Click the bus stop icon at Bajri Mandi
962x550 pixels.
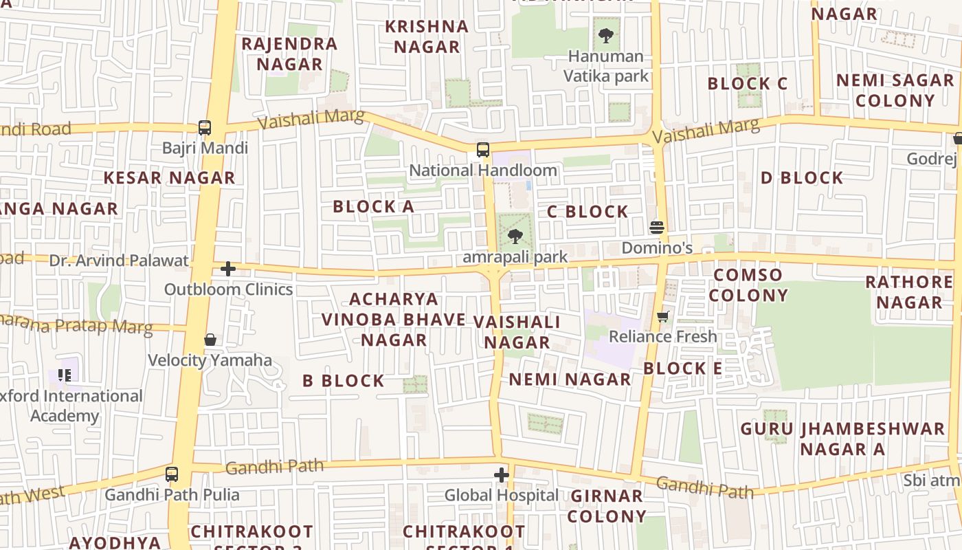205,127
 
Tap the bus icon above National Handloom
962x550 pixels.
483,149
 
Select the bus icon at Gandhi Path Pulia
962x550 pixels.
172,474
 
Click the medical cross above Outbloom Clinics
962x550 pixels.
228,269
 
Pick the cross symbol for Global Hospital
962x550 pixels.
502,475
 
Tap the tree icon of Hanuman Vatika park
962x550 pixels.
605,35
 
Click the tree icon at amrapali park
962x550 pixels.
515,237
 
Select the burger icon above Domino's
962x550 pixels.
657,228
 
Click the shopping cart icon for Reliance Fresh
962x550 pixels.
663,316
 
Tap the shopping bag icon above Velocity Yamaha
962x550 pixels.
210,340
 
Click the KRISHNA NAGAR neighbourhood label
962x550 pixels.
427,36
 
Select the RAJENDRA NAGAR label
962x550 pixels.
289,54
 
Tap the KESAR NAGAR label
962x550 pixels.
169,177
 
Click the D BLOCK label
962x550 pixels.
801,177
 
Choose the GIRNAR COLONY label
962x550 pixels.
607,505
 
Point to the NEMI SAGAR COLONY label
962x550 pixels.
895,90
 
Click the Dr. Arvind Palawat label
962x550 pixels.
119,261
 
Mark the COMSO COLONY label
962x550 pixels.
748,285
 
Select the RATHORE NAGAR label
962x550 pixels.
908,292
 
